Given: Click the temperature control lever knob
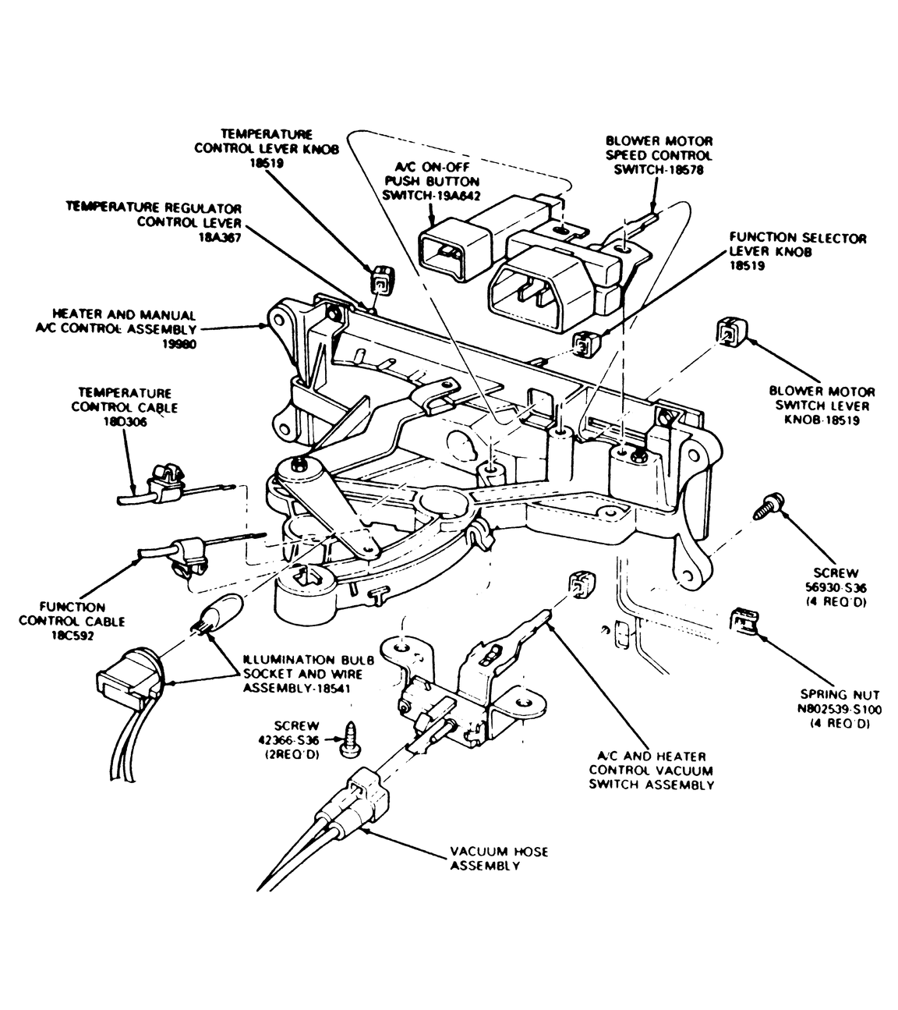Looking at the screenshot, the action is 382,282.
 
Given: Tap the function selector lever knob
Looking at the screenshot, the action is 586,343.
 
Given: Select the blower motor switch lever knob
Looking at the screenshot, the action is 731,331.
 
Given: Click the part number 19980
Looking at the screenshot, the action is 179,345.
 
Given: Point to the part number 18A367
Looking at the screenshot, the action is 220,238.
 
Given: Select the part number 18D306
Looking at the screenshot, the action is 125,422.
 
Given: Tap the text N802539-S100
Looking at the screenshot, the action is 840,710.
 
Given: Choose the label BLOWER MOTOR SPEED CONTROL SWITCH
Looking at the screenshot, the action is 659,155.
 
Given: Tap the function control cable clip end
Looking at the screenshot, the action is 189,558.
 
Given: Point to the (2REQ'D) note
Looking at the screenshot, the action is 292,755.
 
